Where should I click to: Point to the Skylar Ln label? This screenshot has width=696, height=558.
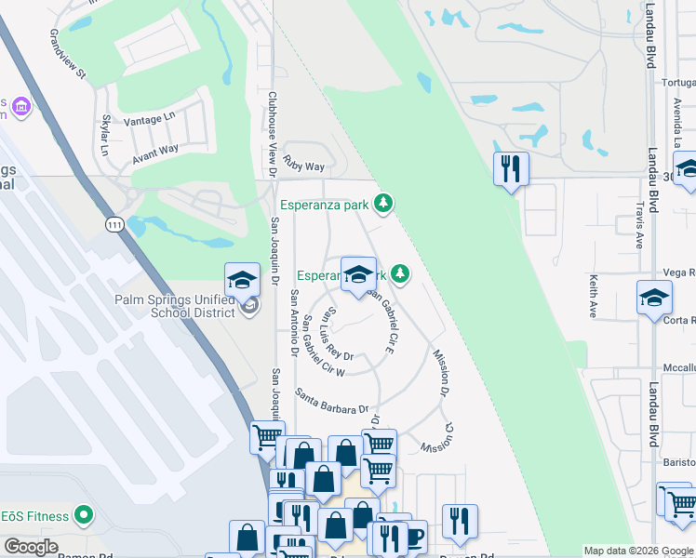[x=105, y=136]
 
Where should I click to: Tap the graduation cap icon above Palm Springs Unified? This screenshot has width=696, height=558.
[x=242, y=280]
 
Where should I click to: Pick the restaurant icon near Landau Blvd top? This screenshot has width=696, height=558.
[x=510, y=169]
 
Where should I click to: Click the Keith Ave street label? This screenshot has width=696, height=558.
[x=592, y=296]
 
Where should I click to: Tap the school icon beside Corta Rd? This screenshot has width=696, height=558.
[x=654, y=299]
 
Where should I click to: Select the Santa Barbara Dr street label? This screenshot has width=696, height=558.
[x=332, y=401]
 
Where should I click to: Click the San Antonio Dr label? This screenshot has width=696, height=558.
[x=293, y=323]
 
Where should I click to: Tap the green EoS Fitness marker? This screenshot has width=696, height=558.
[x=85, y=514]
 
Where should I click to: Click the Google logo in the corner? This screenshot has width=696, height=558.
[x=31, y=546]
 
